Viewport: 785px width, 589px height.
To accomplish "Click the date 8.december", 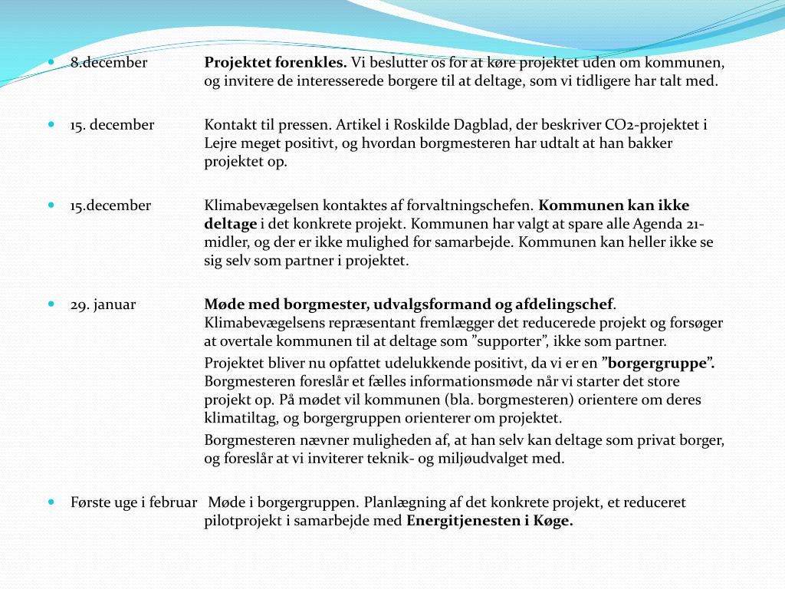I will point(109,63).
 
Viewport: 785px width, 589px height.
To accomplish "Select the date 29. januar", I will point(103,304).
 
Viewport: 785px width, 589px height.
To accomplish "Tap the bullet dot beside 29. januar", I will point(51,304).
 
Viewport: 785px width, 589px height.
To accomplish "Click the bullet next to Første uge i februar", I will point(51,502).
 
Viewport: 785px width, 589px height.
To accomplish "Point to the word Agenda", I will point(659,224).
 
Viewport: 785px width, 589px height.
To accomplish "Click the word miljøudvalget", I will point(514,459).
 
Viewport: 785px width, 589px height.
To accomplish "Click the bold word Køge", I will point(557,521).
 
